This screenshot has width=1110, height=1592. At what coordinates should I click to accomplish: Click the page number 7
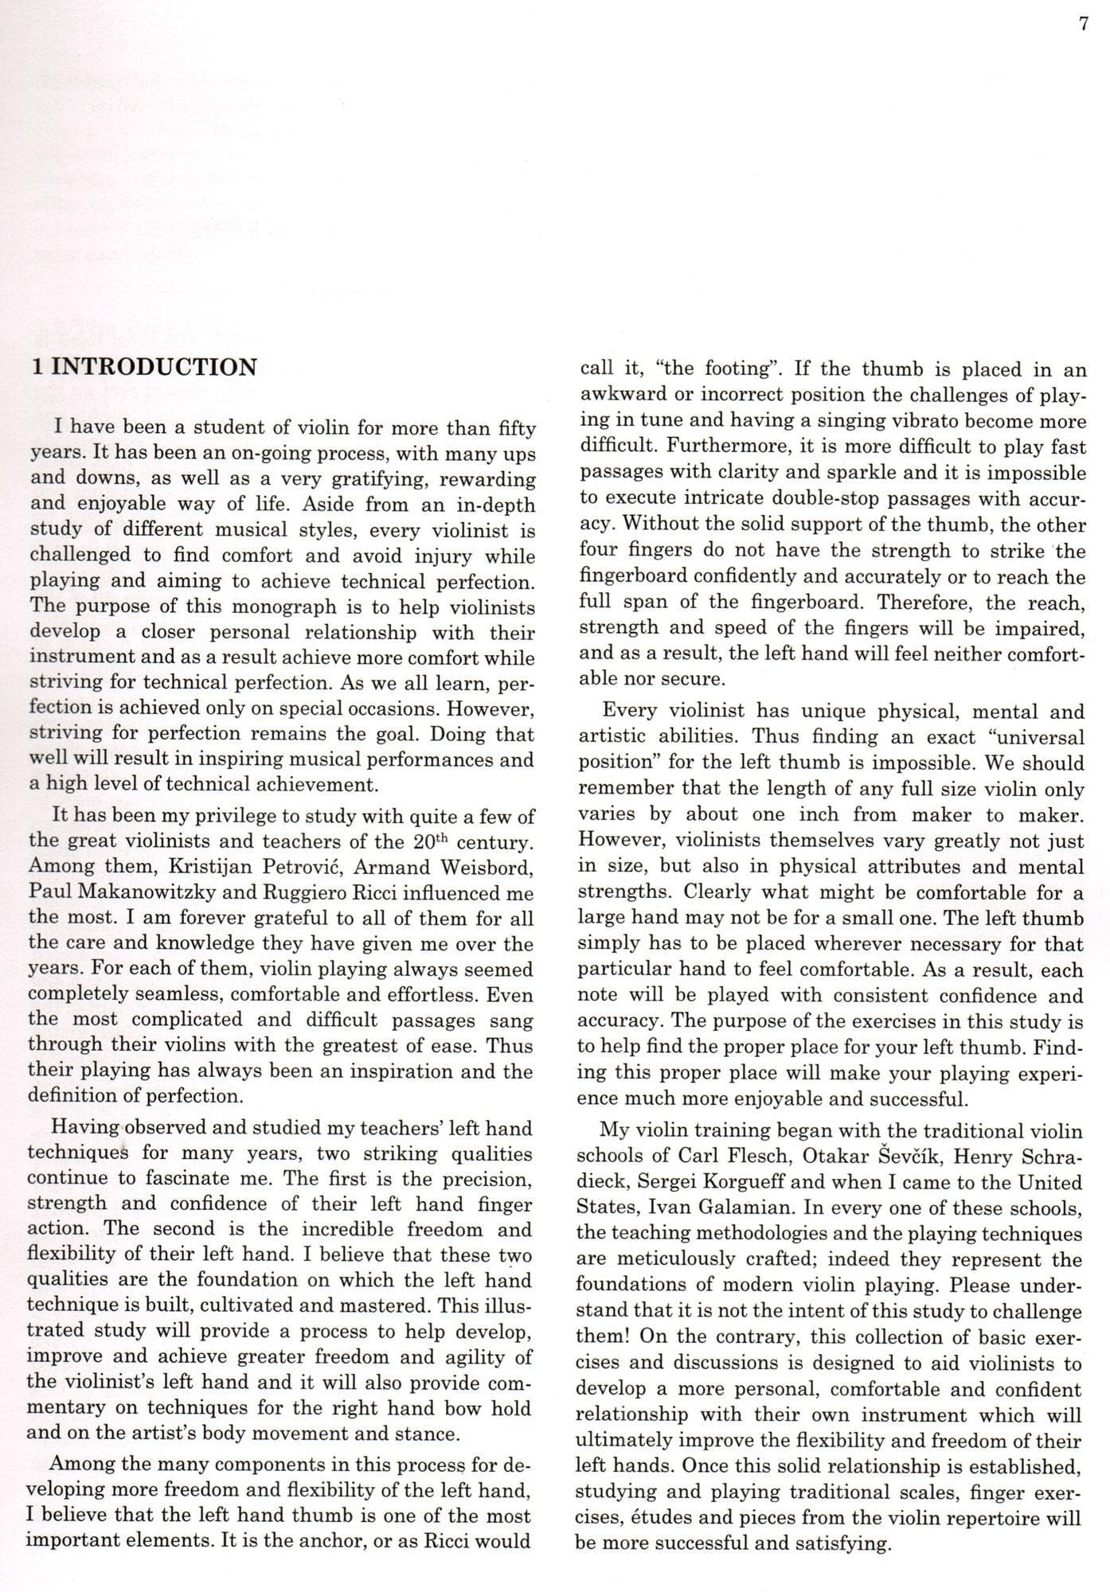coord(1083,25)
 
